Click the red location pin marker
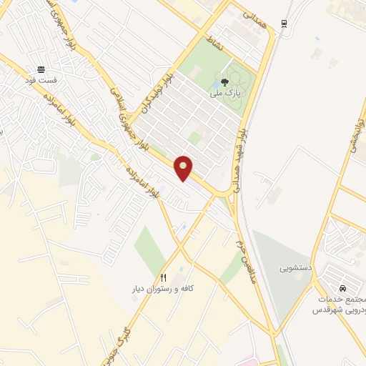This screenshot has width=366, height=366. tap(184, 168)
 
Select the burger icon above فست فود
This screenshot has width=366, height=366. tap(43, 69)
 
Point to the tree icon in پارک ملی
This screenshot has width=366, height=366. tap(225, 83)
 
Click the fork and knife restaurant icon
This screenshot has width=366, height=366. tap(164, 278)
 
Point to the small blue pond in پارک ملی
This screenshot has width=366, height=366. tap(216, 84)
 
